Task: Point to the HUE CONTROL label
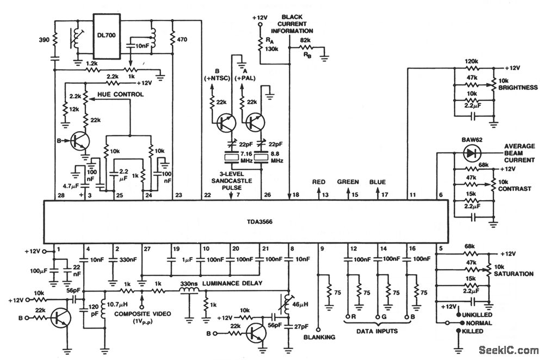120,95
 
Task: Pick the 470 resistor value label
183,39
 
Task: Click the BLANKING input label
320,338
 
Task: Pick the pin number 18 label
295,195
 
